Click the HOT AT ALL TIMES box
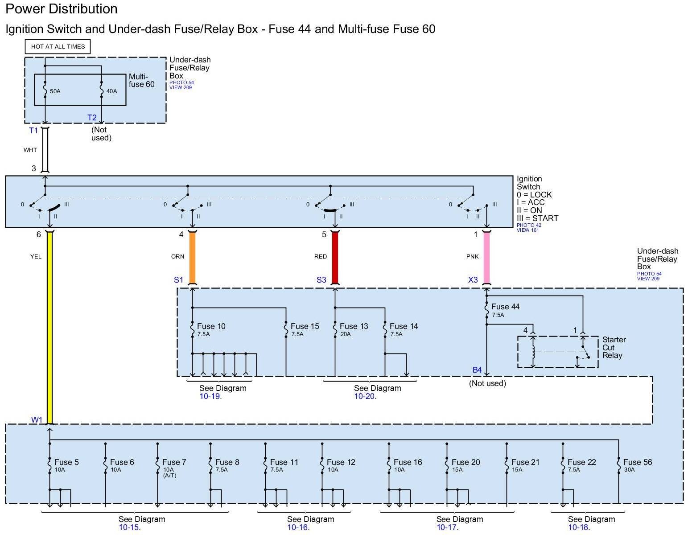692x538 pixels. pyautogui.click(x=58, y=46)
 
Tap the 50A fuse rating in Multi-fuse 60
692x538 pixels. pyautogui.click(x=55, y=91)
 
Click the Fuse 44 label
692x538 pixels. pyautogui.click(x=505, y=307)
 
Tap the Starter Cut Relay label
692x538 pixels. pyautogui.click(x=614, y=348)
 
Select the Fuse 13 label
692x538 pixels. pyautogui.click(x=354, y=326)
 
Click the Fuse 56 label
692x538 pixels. pyautogui.click(x=638, y=462)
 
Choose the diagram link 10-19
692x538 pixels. pyautogui.click(x=210, y=396)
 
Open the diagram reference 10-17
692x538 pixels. pyautogui.click(x=447, y=528)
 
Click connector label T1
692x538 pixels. pyautogui.click(x=33, y=131)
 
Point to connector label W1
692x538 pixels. pyautogui.click(x=37, y=420)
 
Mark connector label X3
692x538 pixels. pyautogui.click(x=473, y=280)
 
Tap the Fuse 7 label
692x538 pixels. pyautogui.click(x=174, y=462)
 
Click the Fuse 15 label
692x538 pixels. pyautogui.click(x=305, y=326)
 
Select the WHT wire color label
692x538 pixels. pyautogui.click(x=30, y=150)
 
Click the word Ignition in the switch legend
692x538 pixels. pyautogui.click(x=529, y=179)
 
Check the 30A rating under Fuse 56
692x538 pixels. pyautogui.click(x=629, y=470)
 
